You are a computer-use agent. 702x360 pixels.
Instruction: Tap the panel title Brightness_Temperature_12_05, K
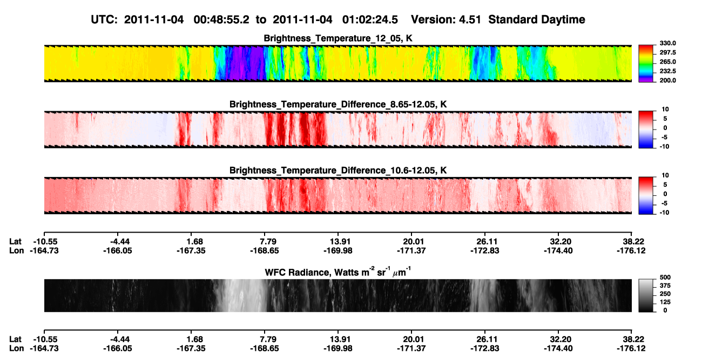(338, 38)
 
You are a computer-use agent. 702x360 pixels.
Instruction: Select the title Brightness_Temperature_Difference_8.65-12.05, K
(338, 104)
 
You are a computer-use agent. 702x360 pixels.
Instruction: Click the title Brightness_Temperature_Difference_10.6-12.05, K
(338, 171)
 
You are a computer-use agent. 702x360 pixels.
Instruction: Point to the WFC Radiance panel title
(338, 272)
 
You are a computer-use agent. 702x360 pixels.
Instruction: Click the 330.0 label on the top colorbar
(667, 43)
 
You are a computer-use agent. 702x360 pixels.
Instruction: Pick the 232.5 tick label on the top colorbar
(667, 71)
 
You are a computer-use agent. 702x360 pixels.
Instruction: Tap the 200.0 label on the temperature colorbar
(667, 80)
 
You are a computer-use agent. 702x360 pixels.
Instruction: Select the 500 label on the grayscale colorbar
(665, 277)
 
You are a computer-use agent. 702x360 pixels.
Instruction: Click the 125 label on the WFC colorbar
(665, 302)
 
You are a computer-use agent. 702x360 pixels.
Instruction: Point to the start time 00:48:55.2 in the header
(221, 19)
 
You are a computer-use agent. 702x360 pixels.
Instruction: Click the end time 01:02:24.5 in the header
(370, 19)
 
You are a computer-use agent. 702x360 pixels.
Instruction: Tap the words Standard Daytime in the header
(537, 19)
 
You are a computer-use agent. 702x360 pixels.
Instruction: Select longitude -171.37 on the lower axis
(411, 349)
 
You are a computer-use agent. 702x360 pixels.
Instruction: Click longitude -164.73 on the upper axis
(44, 251)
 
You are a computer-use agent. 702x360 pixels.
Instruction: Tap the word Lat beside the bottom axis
(15, 339)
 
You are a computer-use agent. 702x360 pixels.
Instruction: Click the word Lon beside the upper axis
(16, 251)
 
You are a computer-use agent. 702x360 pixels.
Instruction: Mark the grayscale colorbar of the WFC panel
(646, 295)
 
